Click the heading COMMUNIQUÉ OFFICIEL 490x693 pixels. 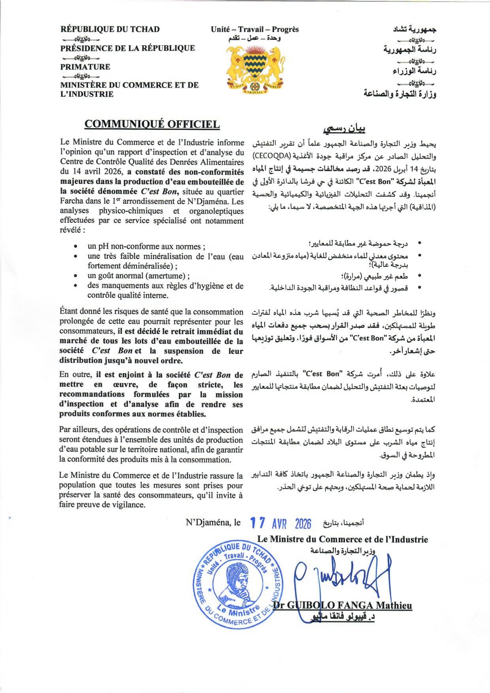pyautogui.click(x=152, y=124)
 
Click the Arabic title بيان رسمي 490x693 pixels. pyautogui.click(x=344, y=129)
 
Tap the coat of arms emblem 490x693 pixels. pyautogui.click(x=255, y=69)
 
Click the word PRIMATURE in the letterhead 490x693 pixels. pyautogui.click(x=85, y=67)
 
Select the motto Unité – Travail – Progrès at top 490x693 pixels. pyautogui.click(x=254, y=29)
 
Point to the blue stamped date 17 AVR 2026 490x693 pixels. pyautogui.click(x=281, y=524)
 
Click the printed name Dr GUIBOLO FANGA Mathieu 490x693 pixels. pyautogui.click(x=343, y=605)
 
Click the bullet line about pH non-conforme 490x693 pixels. pyautogui.click(x=146, y=246)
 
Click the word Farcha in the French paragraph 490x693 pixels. pyautogui.click(x=72, y=201)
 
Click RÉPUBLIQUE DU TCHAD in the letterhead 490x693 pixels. pyautogui.click(x=110, y=29)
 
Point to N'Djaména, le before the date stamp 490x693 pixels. pyautogui.click(x=213, y=522)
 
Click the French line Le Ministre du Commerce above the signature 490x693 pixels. pyautogui.click(x=342, y=539)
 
